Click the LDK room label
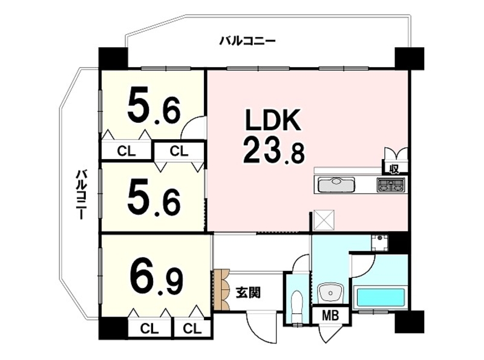tap(273, 120)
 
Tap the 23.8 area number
tap(274, 151)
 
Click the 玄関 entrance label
tap(249, 292)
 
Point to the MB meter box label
tap(330, 316)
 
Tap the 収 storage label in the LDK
tap(395, 169)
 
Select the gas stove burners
tap(390, 185)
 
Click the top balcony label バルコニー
tap(247, 41)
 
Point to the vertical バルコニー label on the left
tap(81, 194)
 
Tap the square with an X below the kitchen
tap(324, 220)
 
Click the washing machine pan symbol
tap(380, 243)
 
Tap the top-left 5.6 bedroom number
tap(154, 104)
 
